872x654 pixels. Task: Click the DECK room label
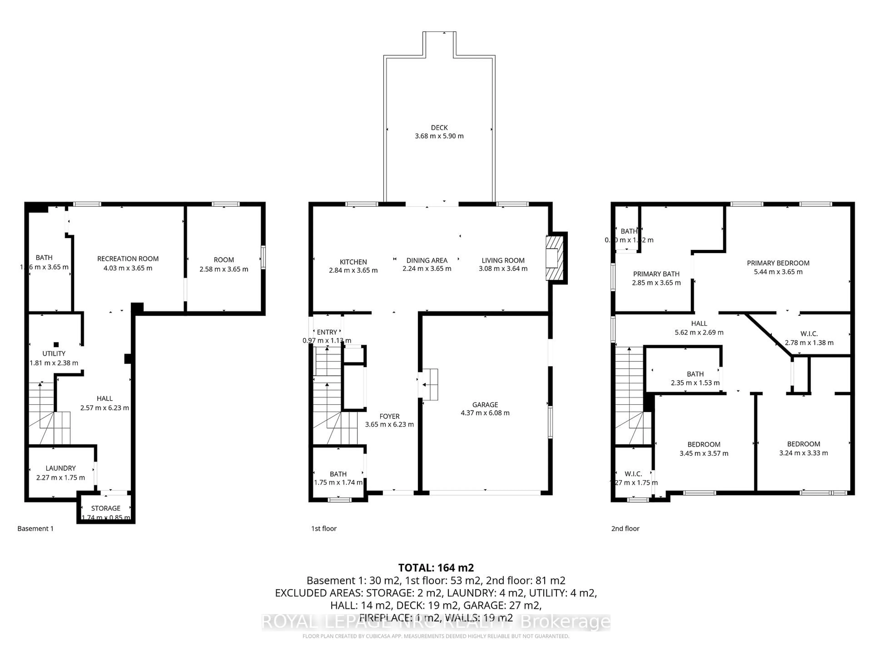pos(439,128)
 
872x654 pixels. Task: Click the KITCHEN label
pos(353,262)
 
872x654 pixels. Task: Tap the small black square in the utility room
pos(56,344)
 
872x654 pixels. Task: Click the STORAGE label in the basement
pos(106,508)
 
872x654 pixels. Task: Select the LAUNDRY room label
pos(60,468)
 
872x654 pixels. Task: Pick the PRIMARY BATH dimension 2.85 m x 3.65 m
pos(656,283)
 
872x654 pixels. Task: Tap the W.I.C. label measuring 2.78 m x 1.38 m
pos(809,334)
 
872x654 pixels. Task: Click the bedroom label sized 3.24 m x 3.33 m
pos(803,444)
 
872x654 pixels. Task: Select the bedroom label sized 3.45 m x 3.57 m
pos(704,444)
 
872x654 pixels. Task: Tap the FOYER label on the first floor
pos(389,416)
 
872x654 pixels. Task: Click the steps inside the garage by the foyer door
pos(430,384)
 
